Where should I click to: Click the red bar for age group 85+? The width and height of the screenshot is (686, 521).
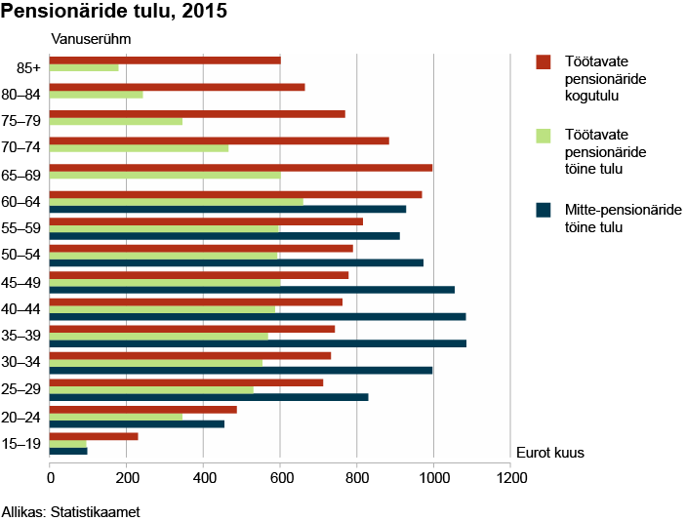(x=165, y=60)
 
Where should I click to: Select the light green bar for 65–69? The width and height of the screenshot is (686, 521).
(x=165, y=176)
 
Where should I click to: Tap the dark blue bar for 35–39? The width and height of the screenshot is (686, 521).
(x=258, y=343)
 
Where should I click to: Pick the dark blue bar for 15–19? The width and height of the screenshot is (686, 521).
(x=68, y=451)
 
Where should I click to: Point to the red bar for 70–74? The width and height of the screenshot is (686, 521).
(x=220, y=140)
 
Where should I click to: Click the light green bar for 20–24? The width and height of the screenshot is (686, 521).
(x=116, y=417)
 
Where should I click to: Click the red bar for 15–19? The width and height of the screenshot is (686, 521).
(x=94, y=436)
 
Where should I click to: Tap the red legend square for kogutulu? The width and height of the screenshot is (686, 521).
(x=545, y=61)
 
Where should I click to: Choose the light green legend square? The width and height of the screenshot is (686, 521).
(x=545, y=135)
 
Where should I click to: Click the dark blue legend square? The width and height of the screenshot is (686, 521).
(x=545, y=209)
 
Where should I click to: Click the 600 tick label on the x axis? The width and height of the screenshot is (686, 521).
(x=280, y=479)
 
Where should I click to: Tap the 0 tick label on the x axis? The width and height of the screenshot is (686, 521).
(x=50, y=479)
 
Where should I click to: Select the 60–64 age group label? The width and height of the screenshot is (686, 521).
(x=21, y=202)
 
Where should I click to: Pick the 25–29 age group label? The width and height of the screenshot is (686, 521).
(x=21, y=389)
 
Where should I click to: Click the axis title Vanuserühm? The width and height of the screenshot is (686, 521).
(x=90, y=39)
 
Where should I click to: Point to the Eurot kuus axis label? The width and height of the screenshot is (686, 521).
(x=549, y=453)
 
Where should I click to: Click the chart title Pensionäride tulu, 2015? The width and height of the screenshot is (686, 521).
(x=115, y=13)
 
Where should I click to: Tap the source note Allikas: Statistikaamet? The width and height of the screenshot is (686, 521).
(x=71, y=510)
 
